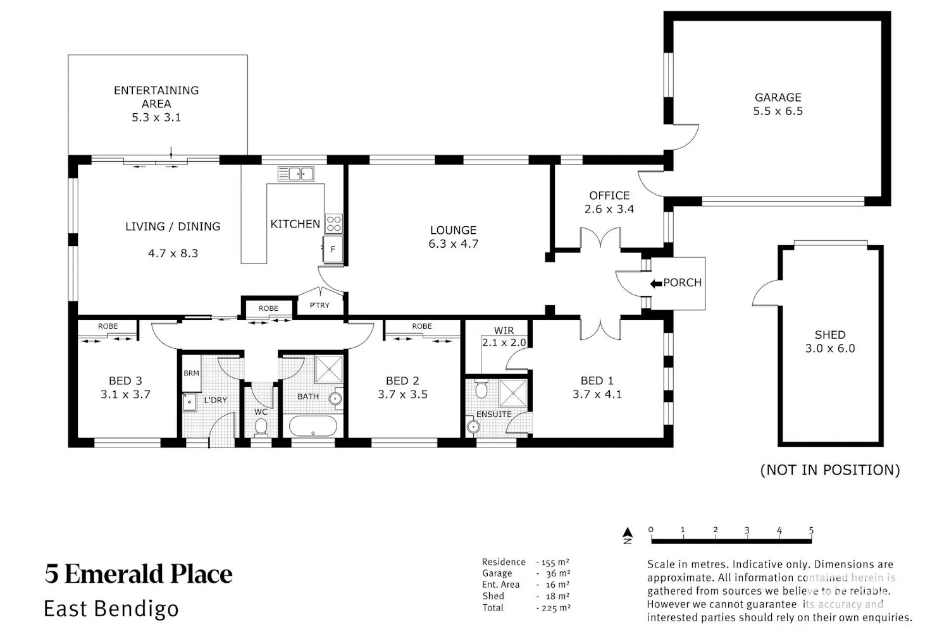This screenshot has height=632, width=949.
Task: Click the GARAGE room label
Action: (778, 97)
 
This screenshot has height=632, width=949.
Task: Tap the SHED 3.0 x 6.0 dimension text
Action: (830, 348)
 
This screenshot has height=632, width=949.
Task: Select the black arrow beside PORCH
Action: (656, 284)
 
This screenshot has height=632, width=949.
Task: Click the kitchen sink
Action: (295, 174)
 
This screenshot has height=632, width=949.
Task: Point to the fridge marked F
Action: (333, 250)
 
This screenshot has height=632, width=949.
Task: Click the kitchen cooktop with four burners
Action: (334, 224)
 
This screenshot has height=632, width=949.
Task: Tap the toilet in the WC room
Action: (261, 427)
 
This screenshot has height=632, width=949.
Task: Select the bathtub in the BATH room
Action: (313, 426)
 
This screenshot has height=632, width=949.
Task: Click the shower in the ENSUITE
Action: (513, 393)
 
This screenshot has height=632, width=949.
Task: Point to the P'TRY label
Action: (319, 305)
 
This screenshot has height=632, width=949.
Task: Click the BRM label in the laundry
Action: (191, 373)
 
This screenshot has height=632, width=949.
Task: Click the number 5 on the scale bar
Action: (811, 530)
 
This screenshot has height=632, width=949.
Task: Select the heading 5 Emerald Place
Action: (139, 574)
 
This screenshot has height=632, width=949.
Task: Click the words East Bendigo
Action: (111, 609)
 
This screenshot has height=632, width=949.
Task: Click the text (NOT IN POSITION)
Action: (830, 470)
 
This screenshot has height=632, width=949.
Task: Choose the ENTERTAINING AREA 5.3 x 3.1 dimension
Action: (156, 118)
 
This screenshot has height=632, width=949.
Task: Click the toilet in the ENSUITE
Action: (481, 389)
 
